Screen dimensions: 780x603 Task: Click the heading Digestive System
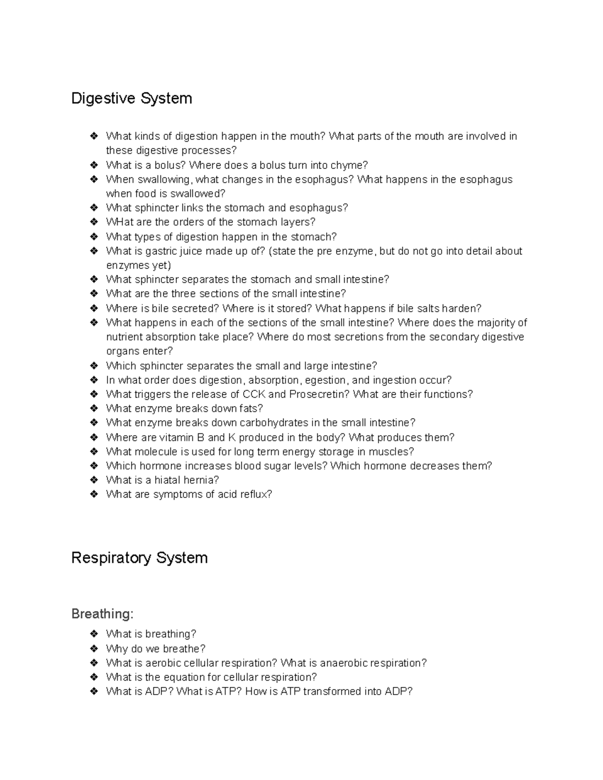[x=132, y=98]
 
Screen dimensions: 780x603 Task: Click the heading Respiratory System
[x=139, y=558]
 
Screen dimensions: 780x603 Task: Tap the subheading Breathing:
[x=103, y=614]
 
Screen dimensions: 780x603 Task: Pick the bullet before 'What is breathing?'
[x=93, y=634]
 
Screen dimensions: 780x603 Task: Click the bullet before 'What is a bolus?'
[x=93, y=165]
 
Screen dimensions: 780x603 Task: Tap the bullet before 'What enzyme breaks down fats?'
[x=93, y=408]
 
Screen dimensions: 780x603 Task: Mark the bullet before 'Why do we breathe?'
[x=93, y=648]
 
